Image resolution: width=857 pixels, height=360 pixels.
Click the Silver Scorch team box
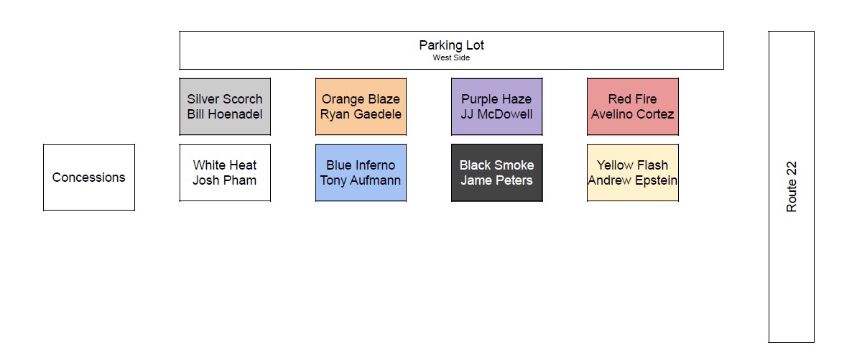[225, 106]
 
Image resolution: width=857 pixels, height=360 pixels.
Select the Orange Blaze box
[361, 106]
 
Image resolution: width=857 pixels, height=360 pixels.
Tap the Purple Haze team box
[497, 106]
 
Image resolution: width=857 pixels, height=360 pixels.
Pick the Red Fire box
[633, 106]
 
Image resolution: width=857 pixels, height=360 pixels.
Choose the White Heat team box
[225, 173]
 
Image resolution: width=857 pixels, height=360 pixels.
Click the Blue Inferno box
[361, 173]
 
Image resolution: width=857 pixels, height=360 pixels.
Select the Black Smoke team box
[497, 173]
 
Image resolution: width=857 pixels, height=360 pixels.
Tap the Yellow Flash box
[633, 173]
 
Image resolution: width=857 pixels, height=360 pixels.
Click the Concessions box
[89, 177]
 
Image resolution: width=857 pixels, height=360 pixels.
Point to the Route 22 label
[792, 187]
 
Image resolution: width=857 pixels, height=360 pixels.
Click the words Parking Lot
[451, 45]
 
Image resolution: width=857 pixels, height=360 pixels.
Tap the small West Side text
[451, 57]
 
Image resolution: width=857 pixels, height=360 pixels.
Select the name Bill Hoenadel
[225, 114]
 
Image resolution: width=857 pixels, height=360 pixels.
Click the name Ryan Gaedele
[361, 114]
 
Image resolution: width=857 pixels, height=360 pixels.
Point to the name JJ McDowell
[497, 114]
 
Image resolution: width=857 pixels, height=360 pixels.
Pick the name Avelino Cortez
[632, 114]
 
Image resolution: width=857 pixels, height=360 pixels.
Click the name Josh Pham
[225, 180]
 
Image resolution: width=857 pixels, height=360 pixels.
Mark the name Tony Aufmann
[361, 180]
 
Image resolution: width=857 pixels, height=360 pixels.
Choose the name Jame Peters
[497, 180]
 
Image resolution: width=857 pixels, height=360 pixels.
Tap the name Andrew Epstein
[633, 180]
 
